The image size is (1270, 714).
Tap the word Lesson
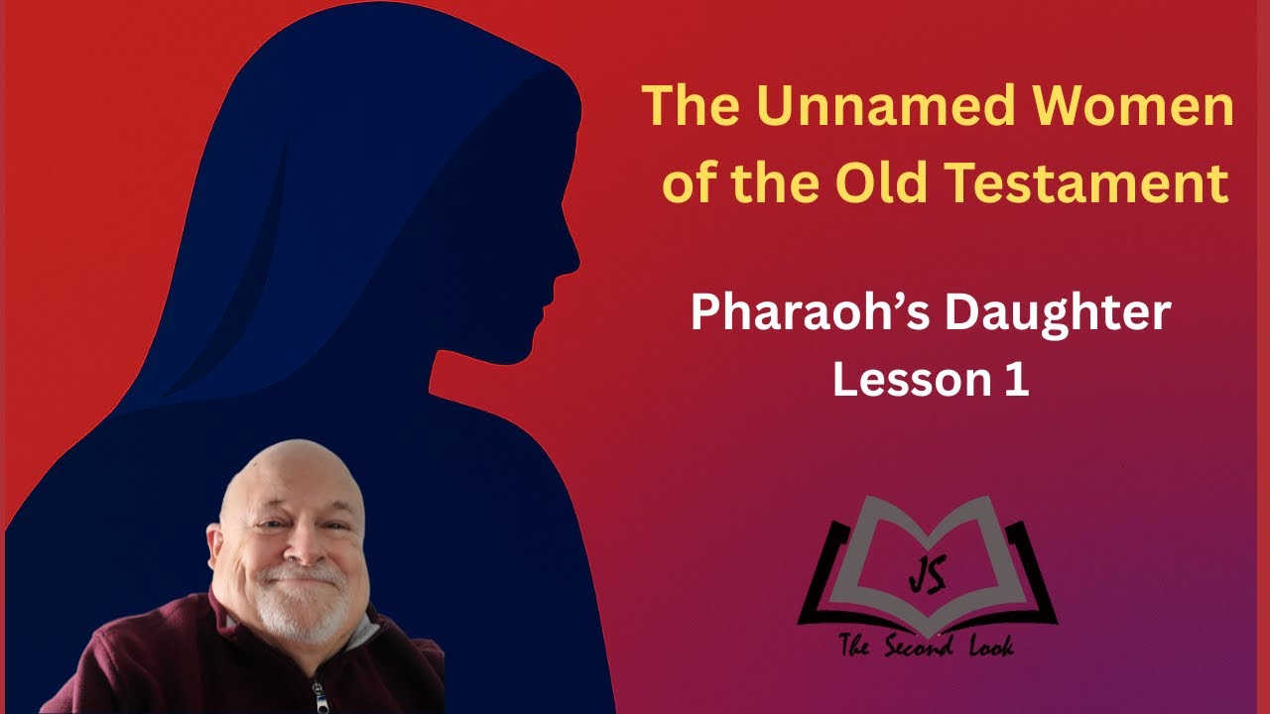click(898, 380)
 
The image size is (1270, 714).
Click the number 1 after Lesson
click(1015, 380)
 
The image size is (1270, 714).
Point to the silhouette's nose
click(573, 261)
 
